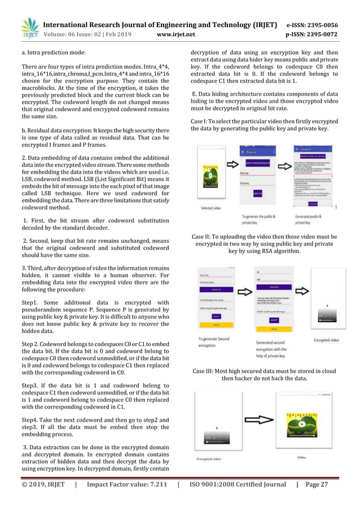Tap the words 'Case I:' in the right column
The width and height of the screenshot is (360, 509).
tap(201, 121)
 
